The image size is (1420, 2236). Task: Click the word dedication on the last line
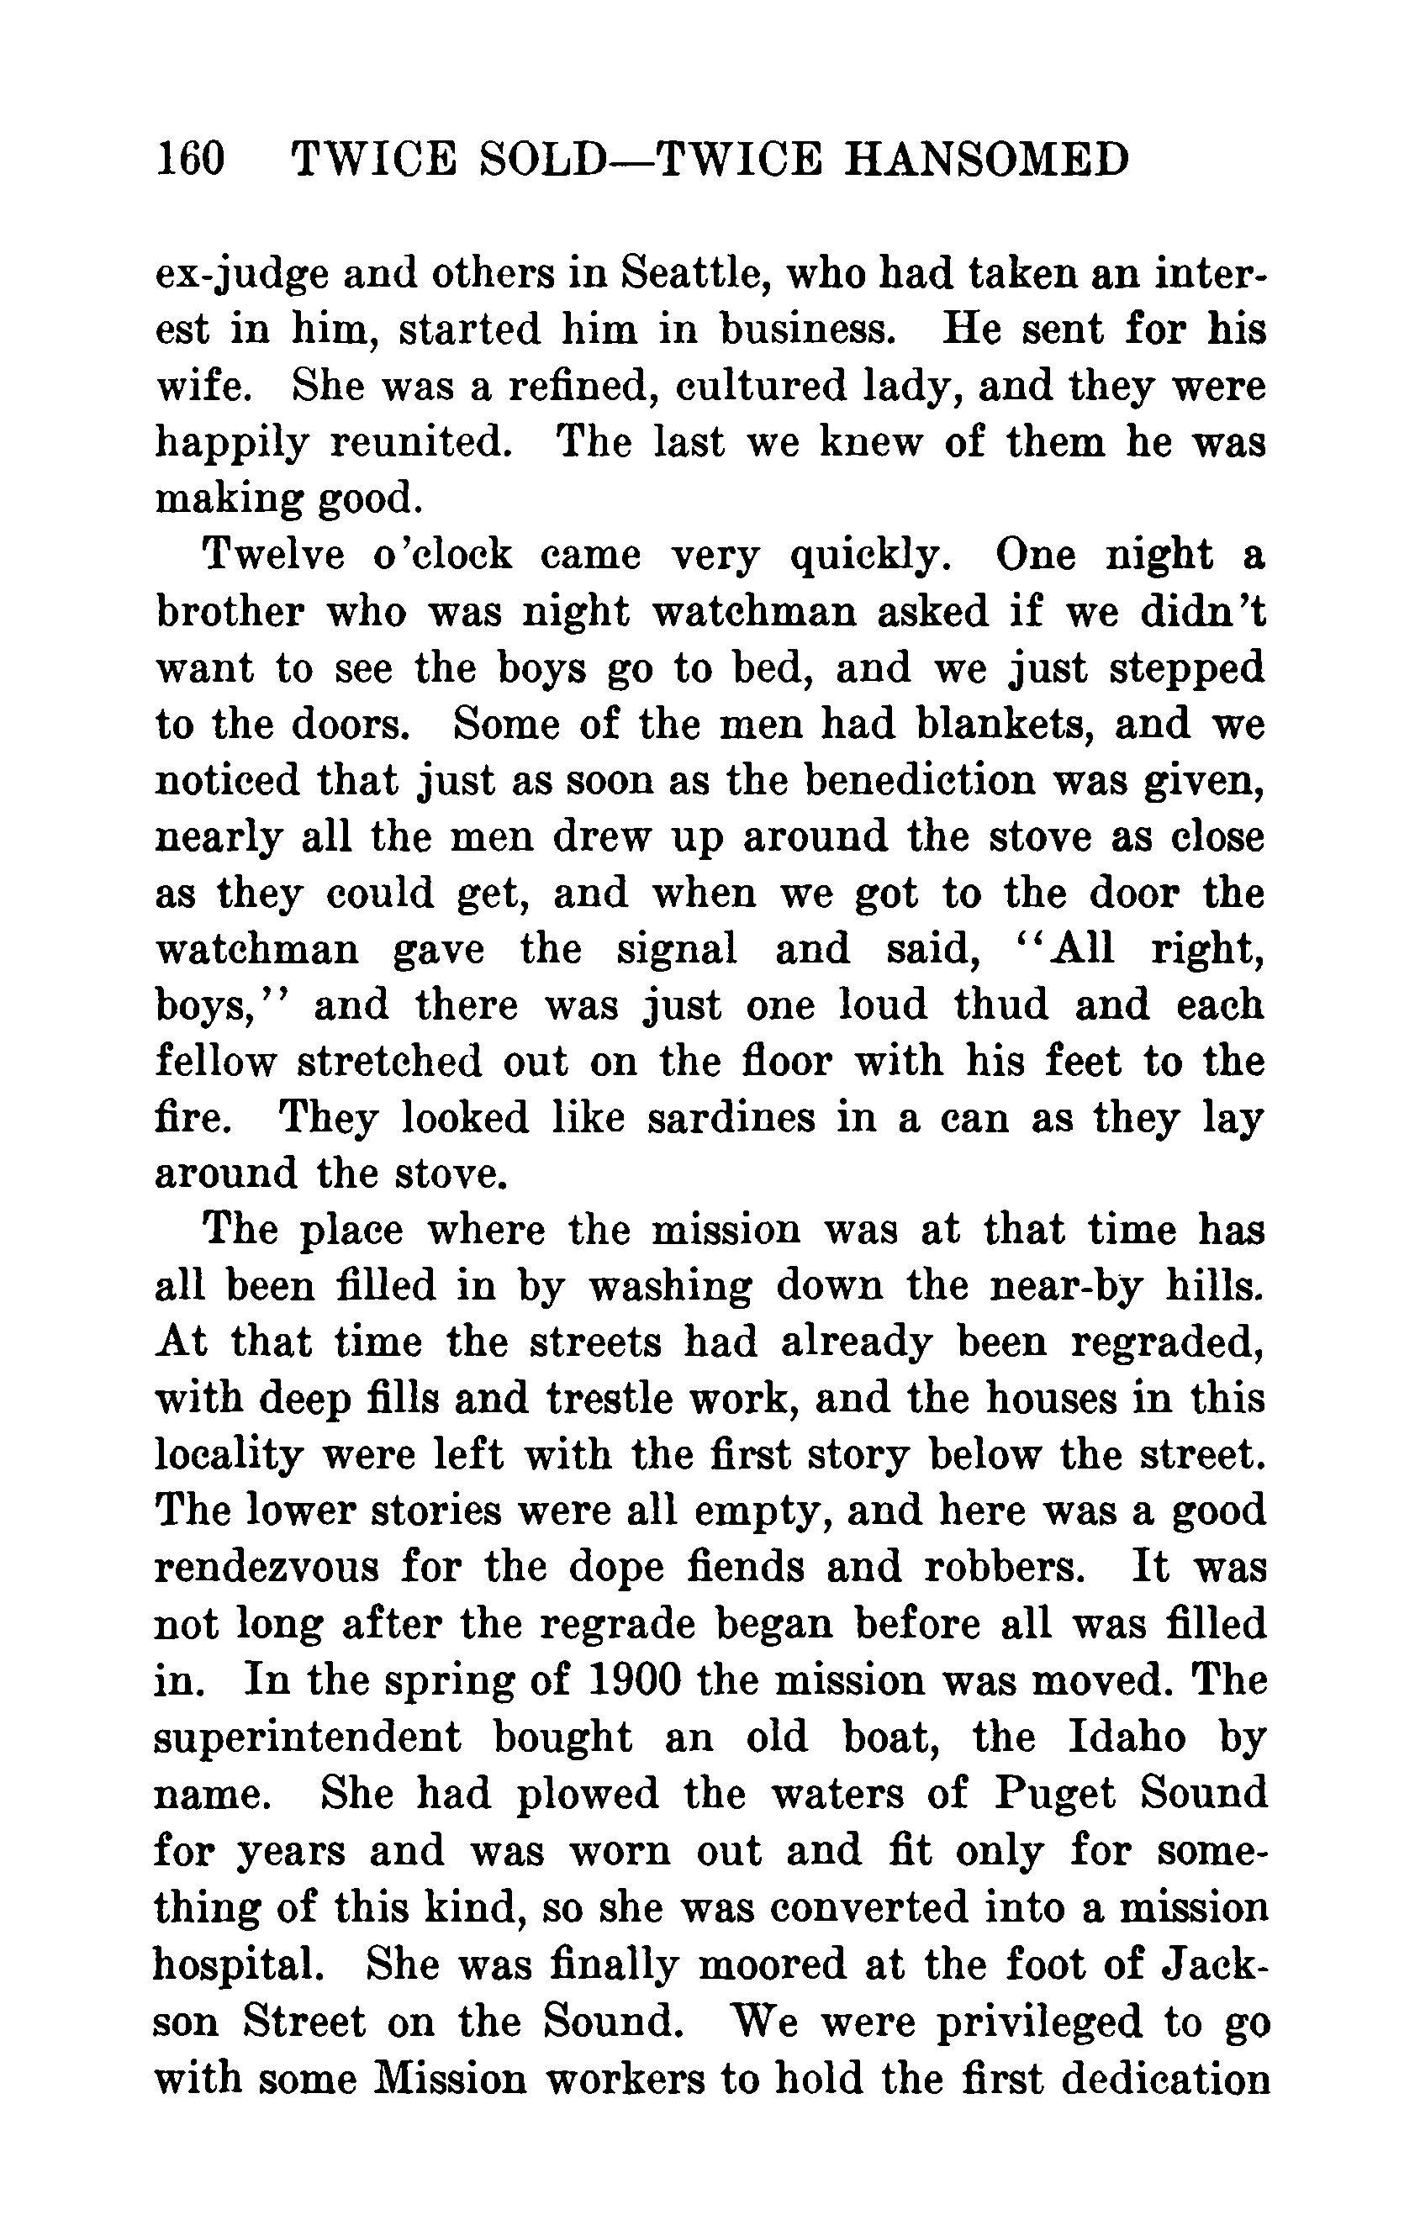point(1164,2075)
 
